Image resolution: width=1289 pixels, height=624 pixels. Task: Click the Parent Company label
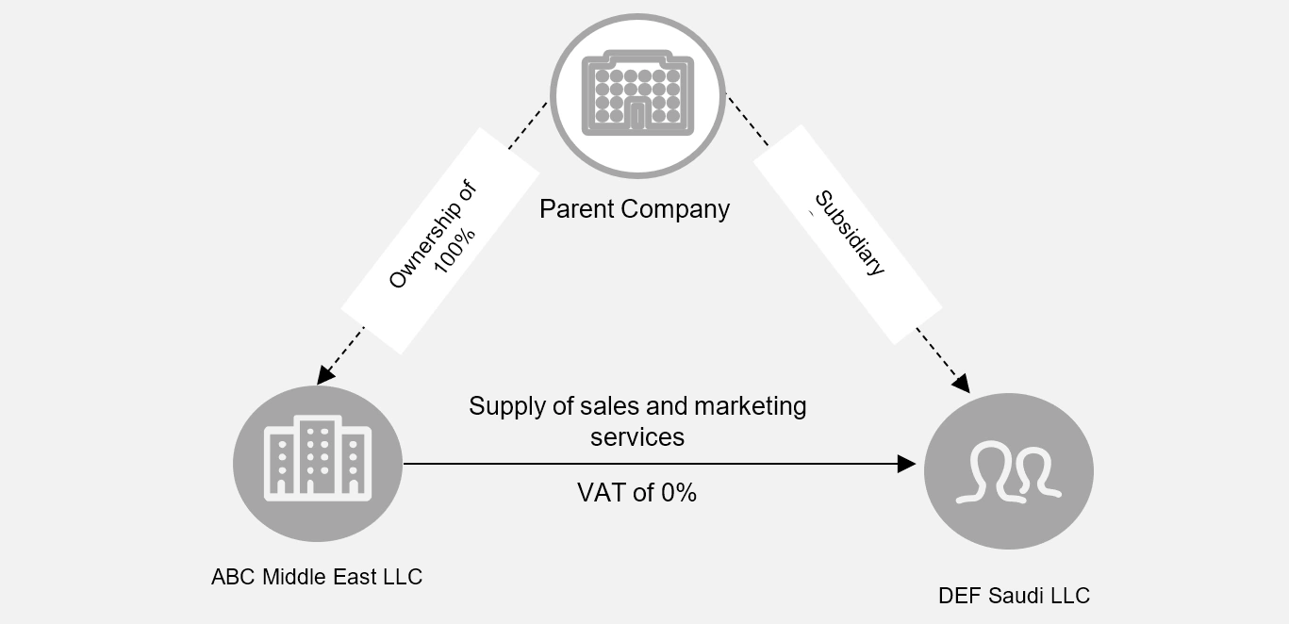coord(634,208)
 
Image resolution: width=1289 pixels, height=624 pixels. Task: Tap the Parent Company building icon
coord(637,94)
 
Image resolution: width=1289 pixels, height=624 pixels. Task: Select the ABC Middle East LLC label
coord(317,576)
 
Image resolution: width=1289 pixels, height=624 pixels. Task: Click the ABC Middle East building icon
coord(317,463)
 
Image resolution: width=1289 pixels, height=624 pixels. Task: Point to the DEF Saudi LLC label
coord(1014,596)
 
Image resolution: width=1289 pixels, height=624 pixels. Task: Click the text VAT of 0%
coord(636,492)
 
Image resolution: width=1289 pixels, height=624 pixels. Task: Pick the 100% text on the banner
coord(454,253)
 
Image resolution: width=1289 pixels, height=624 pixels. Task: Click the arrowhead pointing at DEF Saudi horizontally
coord(907,464)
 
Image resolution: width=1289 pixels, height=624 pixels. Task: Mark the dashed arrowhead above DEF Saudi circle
coord(961,383)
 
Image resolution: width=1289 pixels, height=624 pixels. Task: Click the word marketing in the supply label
coord(750,406)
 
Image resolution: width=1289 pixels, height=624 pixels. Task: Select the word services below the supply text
coord(637,437)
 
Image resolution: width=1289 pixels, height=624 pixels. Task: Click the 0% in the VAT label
coord(678,492)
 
